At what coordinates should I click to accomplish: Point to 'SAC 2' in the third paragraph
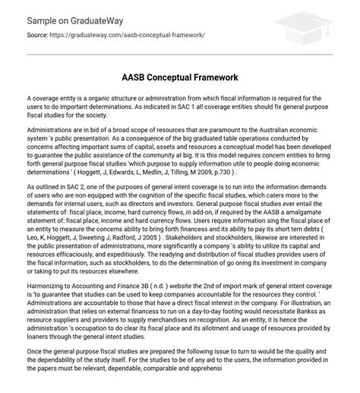[x=75, y=186]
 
